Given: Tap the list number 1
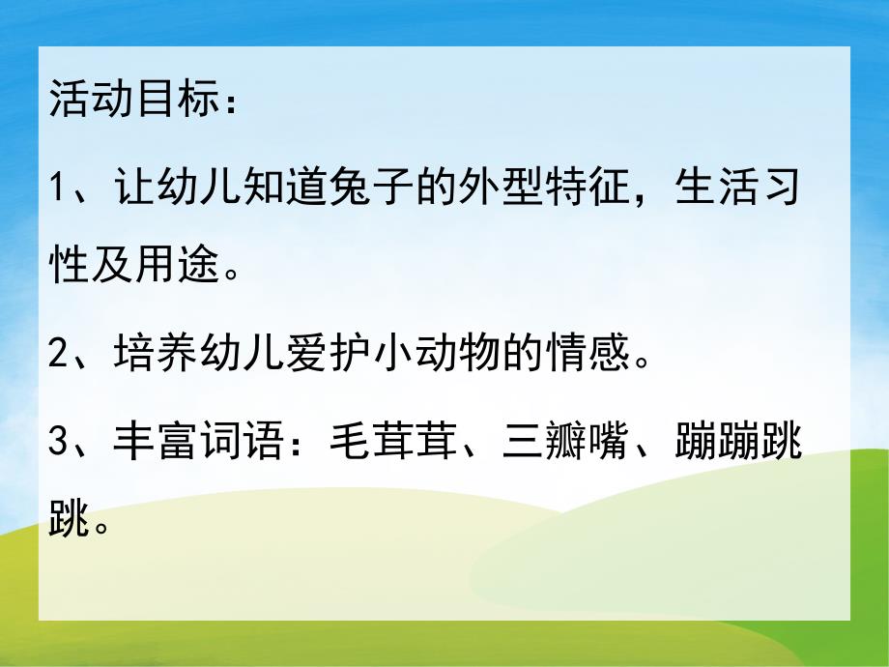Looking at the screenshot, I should (57, 188).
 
